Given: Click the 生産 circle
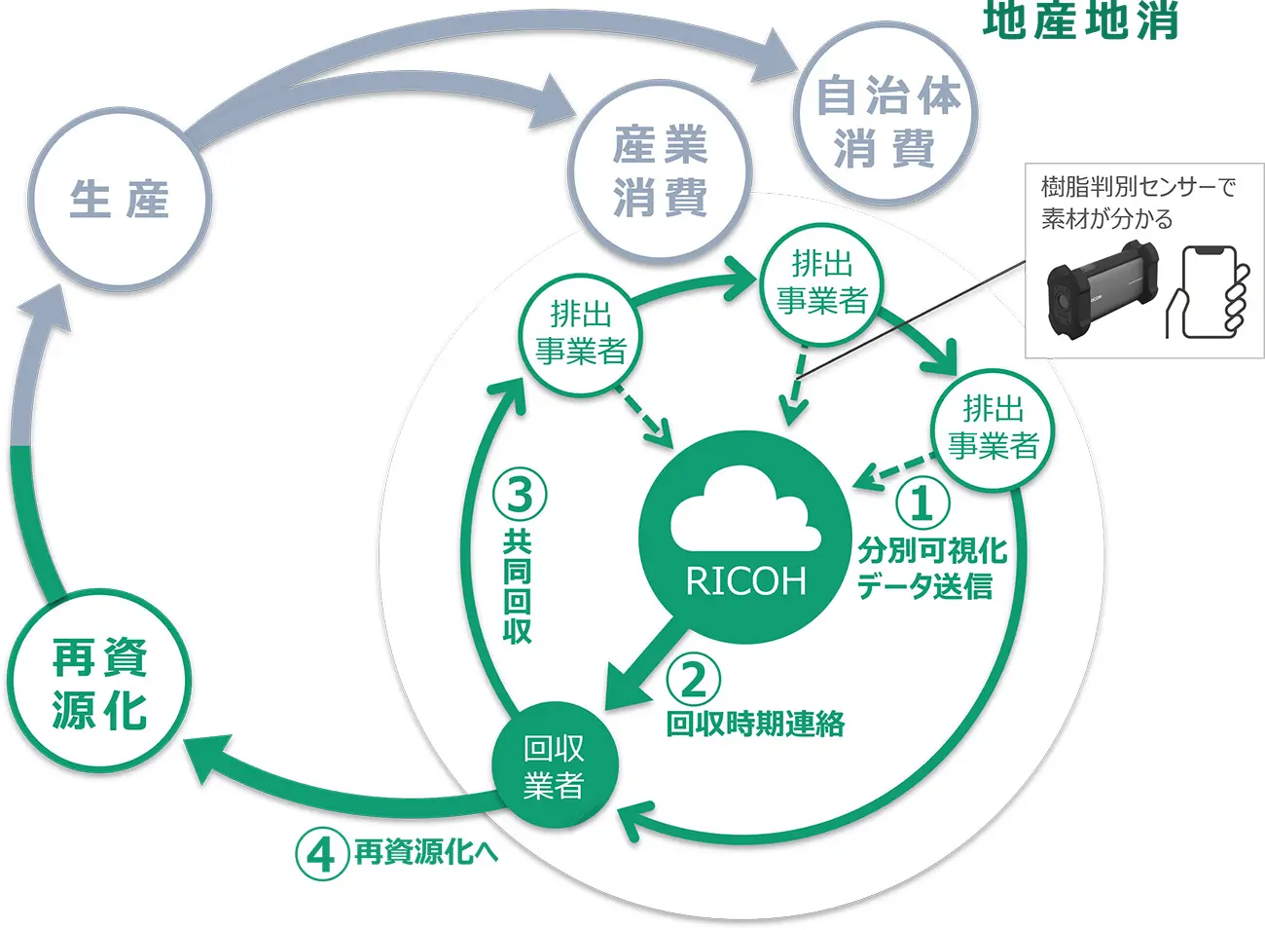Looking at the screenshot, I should (120, 200).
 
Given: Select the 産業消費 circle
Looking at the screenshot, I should (661, 171).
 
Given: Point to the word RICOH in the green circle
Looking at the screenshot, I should (745, 581).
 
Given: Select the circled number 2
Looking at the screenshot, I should (693, 679).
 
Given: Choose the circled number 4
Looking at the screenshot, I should (321, 854).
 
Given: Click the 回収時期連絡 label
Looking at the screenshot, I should (755, 724).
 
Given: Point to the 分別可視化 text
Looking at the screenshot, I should (931, 550).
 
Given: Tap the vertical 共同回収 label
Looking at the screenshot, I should (517, 586).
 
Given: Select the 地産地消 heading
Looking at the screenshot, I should (1080, 19).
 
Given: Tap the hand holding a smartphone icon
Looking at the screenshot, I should (1210, 292).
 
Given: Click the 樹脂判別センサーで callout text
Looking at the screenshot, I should (1137, 186).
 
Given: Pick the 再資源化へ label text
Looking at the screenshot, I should (425, 853).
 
